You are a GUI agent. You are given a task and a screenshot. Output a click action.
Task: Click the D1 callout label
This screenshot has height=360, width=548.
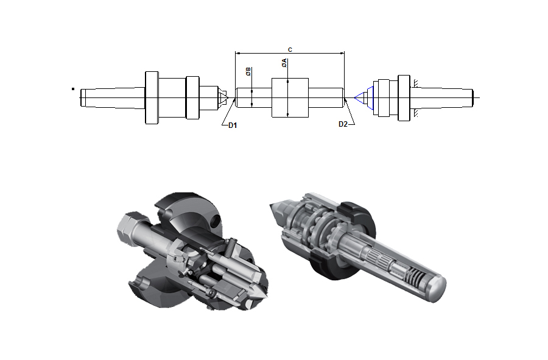(x=233, y=125)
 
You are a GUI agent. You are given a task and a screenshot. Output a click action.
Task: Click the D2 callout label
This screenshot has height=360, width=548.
(x=343, y=124)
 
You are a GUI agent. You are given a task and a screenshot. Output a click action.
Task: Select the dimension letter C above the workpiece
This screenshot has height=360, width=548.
(x=290, y=49)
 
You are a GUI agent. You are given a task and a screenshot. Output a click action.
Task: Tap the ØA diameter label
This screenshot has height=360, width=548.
(x=284, y=63)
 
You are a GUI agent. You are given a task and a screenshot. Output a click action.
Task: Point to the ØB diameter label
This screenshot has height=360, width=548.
(x=248, y=72)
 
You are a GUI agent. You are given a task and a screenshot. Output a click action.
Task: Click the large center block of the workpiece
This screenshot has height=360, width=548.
(x=290, y=97)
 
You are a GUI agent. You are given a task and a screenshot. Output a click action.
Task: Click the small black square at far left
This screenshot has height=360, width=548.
(x=73, y=89)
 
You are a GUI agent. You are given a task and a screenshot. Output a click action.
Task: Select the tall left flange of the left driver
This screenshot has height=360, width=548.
(x=152, y=97)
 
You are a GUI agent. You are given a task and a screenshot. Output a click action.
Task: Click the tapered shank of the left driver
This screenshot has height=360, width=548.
(x=113, y=97)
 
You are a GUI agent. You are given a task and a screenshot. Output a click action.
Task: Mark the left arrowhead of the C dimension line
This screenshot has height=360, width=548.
(x=237, y=54)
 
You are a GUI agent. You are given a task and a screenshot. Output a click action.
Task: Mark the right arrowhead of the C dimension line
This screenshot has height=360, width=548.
(x=342, y=54)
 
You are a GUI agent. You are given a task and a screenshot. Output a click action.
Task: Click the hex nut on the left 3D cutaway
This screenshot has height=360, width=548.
(x=129, y=228)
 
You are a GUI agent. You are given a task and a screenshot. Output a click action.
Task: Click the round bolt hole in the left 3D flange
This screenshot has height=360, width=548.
(x=216, y=220)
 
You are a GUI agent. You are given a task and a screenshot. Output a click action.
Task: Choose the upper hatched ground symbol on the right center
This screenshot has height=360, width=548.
(x=416, y=83)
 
